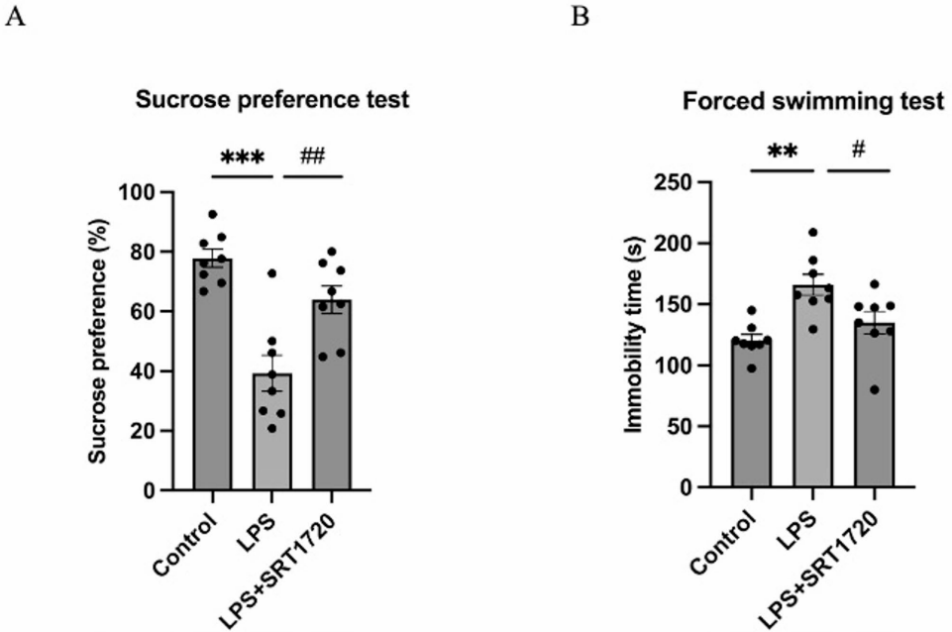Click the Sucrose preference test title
(272, 100)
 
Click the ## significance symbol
(313, 156)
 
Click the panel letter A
(15, 18)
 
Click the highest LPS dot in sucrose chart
(270, 272)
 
